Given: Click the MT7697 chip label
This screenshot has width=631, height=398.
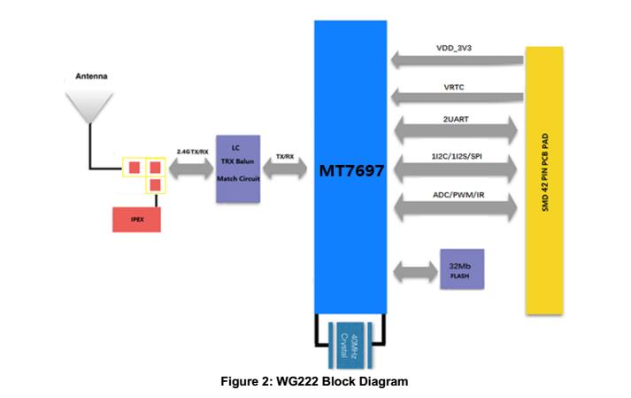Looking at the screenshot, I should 351,171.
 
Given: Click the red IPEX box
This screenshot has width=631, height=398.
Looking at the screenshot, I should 136,218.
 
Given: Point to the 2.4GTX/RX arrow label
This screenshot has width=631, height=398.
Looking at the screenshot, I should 195,152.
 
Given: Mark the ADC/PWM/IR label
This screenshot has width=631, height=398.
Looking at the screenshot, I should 455,195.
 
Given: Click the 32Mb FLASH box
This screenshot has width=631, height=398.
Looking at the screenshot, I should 462,269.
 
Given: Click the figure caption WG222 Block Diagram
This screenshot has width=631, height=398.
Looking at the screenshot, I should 315,381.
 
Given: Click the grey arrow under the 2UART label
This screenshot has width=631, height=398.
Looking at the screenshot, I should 455,130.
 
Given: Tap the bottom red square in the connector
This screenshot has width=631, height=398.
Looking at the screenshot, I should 154,184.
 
